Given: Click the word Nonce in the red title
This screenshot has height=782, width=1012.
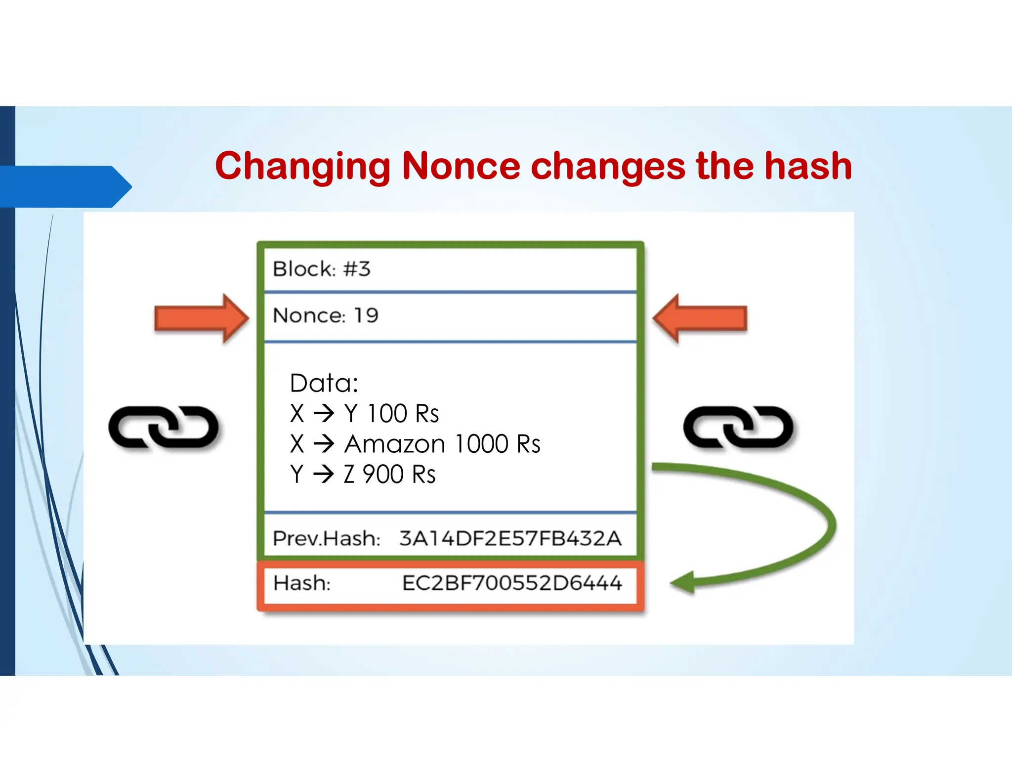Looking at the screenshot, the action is (x=461, y=166).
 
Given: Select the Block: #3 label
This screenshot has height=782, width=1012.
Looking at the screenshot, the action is (x=321, y=269).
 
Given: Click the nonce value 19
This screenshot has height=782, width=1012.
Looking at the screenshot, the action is (x=366, y=315).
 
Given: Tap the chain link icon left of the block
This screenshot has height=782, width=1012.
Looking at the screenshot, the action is (x=164, y=428).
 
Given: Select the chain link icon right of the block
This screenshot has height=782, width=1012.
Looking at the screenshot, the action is (x=738, y=428).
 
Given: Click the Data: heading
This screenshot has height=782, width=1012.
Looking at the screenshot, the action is (x=324, y=383).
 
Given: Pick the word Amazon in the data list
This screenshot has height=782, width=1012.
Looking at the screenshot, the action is (x=395, y=444).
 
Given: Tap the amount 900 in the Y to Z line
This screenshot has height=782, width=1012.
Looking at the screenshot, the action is (x=383, y=475).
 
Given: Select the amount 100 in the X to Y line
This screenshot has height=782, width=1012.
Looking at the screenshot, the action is (x=387, y=414).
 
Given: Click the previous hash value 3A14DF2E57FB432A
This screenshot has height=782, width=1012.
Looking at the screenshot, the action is (x=510, y=538).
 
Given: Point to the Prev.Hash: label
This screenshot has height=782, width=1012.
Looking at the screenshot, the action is (x=327, y=538).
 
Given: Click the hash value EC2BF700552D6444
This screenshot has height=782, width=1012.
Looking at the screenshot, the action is (x=512, y=583).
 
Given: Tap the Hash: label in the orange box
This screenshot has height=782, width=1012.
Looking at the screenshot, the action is (x=302, y=583).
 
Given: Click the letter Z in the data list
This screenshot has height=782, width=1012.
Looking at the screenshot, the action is (x=349, y=475).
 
